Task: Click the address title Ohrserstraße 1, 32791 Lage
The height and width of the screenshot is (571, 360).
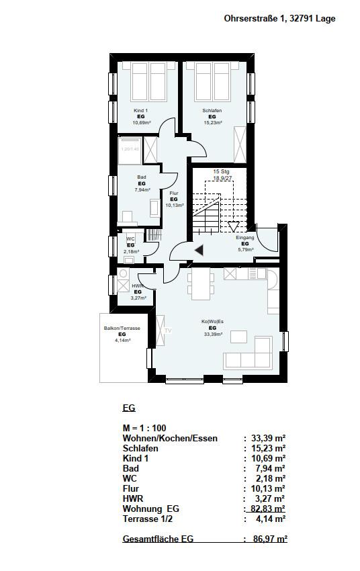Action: pyautogui.click(x=279, y=19)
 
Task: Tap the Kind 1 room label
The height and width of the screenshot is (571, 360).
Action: pyautogui.click(x=141, y=110)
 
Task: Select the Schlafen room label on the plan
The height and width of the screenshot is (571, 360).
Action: pyautogui.click(x=212, y=110)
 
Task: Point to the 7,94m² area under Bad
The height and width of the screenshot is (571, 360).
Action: pyautogui.click(x=142, y=190)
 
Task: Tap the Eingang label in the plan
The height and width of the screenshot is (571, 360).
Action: pyautogui.click(x=244, y=238)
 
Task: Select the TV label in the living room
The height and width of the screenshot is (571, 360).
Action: pyautogui.click(x=169, y=331)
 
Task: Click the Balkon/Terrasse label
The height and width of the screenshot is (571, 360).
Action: pyautogui.click(x=122, y=328)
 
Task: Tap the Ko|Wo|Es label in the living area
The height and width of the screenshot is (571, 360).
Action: pyautogui.click(x=212, y=321)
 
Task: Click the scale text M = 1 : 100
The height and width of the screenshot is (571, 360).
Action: pyautogui.click(x=144, y=428)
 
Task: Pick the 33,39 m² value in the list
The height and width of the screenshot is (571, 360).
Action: pyautogui.click(x=268, y=438)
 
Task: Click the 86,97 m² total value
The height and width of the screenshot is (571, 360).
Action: pyautogui.click(x=268, y=539)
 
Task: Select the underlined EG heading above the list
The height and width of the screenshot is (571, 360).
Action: pyautogui.click(x=130, y=408)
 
